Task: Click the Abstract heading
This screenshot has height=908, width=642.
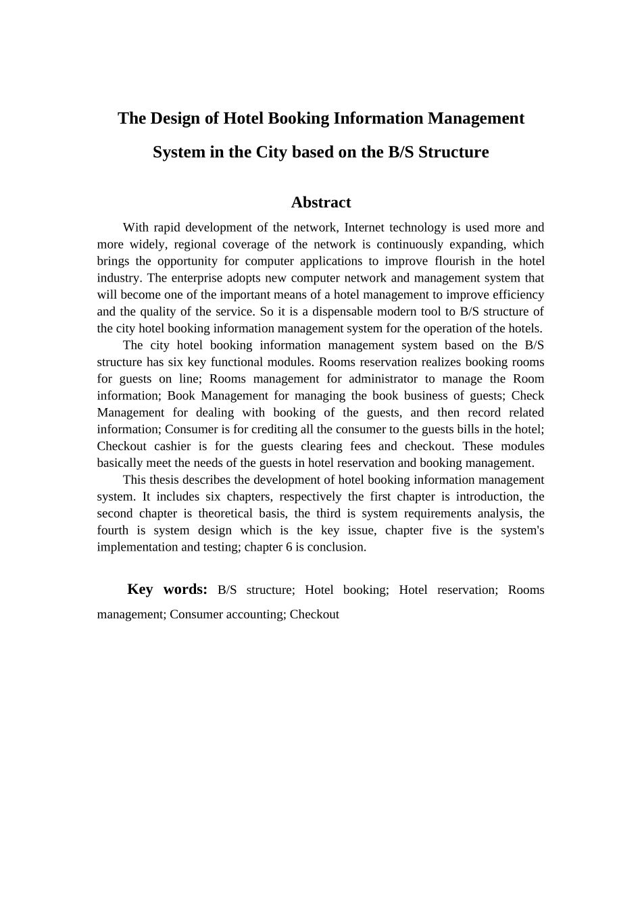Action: [x=320, y=202]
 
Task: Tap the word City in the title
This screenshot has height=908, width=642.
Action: [x=272, y=152]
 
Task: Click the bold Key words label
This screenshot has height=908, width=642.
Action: [x=167, y=589]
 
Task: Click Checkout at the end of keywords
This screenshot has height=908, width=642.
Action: [x=314, y=615]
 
